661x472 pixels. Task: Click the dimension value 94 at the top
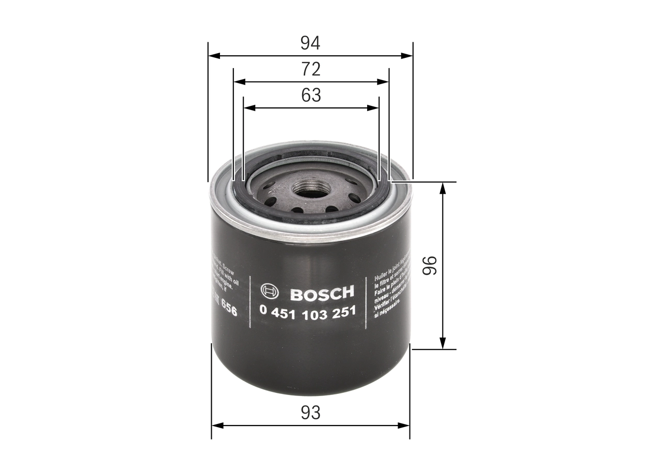[310, 43]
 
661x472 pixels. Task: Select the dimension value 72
[311, 69]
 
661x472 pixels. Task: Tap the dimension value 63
[311, 96]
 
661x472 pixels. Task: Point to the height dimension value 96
[430, 265]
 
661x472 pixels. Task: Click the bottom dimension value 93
[310, 413]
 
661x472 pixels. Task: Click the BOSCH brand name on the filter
[322, 293]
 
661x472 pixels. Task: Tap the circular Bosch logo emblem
[270, 292]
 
